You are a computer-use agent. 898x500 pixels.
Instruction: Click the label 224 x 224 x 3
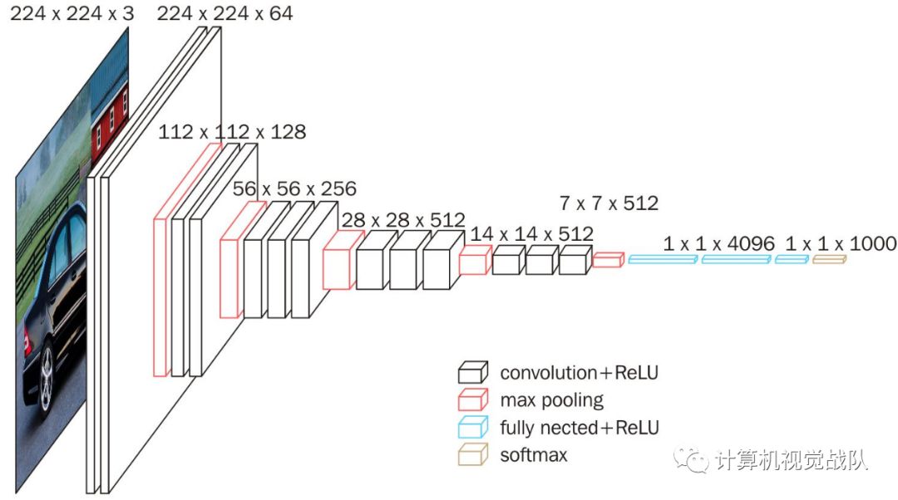tap(71, 13)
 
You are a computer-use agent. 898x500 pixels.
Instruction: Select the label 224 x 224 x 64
tap(224, 13)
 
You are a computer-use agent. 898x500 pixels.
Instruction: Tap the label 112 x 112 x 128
tap(233, 132)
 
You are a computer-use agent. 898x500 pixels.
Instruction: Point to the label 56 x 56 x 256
tap(294, 189)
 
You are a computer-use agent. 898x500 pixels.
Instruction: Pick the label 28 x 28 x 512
tap(402, 220)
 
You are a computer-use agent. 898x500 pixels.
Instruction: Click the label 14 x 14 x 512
tap(531, 234)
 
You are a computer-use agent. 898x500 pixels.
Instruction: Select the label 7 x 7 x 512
tap(609, 203)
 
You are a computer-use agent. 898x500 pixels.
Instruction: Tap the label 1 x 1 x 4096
tap(718, 243)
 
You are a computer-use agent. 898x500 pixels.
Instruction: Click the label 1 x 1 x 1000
tap(841, 243)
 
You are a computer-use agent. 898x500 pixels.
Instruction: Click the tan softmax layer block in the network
tap(828, 260)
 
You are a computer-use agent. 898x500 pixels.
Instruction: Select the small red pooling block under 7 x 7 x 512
tap(608, 260)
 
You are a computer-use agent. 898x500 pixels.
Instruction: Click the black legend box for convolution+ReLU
tap(473, 372)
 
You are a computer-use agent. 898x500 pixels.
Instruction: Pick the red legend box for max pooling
tap(473, 400)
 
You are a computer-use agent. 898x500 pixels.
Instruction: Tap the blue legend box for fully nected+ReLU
tap(473, 428)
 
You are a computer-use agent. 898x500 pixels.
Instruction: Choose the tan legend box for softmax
tap(473, 455)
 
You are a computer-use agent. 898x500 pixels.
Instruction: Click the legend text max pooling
tap(551, 400)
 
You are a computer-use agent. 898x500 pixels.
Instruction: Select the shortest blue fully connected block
tap(791, 260)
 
